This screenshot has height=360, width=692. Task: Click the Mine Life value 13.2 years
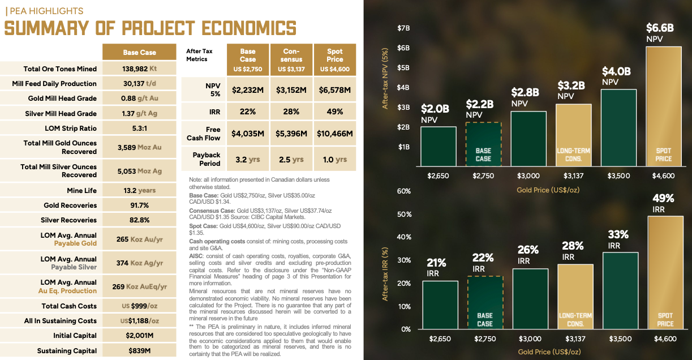139,191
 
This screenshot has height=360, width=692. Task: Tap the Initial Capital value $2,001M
139,336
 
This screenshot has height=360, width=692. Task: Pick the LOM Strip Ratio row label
71,128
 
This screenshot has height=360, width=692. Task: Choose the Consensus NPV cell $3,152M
291,90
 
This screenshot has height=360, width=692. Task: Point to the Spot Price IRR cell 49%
335,112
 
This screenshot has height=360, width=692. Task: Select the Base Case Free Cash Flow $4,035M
248,134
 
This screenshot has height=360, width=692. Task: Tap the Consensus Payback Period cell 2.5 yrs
291,160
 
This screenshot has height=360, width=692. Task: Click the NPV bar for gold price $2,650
439,146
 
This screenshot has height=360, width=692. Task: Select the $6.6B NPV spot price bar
664,106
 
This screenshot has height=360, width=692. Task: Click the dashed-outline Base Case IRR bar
485,302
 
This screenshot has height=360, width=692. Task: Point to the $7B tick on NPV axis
403,28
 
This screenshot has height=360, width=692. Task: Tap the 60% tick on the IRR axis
403,191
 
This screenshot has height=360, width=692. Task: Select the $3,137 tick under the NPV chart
574,176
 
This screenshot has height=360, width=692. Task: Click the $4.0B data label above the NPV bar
616,71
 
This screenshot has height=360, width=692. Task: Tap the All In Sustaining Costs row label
60,321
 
